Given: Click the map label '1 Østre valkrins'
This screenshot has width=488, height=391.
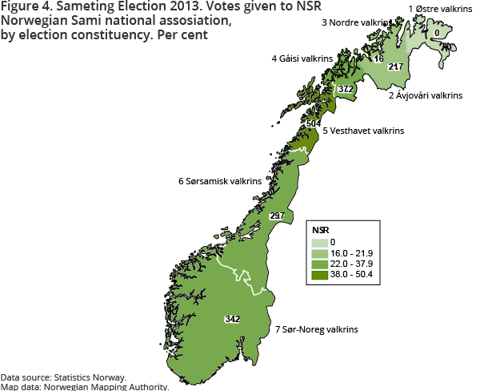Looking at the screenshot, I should [x=439, y=8].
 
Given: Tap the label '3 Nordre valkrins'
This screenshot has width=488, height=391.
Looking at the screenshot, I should [x=358, y=23].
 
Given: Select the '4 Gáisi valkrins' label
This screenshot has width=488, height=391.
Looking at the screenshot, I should [x=302, y=58].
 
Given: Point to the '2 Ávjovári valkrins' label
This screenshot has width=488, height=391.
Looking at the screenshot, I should [x=426, y=95].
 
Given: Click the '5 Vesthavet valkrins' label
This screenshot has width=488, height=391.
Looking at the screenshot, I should [x=363, y=130].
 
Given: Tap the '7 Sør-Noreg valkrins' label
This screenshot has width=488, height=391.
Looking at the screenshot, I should [x=316, y=329].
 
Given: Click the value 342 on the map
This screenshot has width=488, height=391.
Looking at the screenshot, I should [x=232, y=319].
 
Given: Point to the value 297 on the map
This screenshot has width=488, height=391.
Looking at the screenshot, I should [x=277, y=216].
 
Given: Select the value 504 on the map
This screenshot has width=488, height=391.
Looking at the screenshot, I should [x=313, y=124].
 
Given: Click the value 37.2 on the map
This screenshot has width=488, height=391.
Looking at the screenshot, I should [x=346, y=88].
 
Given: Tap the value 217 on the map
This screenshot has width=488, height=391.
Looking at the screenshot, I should [x=394, y=67].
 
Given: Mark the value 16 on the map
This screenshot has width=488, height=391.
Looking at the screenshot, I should [x=378, y=59].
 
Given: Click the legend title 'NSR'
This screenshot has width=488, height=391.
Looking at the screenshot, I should [x=320, y=229].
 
